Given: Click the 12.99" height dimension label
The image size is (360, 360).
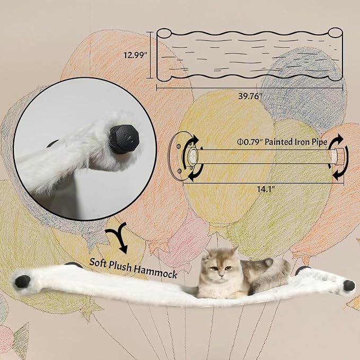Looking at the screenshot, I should pyautogui.click(x=136, y=54).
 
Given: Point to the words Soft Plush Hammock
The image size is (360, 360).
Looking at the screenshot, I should pyautogui.click(x=133, y=261).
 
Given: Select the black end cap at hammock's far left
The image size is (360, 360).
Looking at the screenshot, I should pyautogui.click(x=22, y=281).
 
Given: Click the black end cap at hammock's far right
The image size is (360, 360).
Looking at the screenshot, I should pyautogui.click(x=348, y=285).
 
